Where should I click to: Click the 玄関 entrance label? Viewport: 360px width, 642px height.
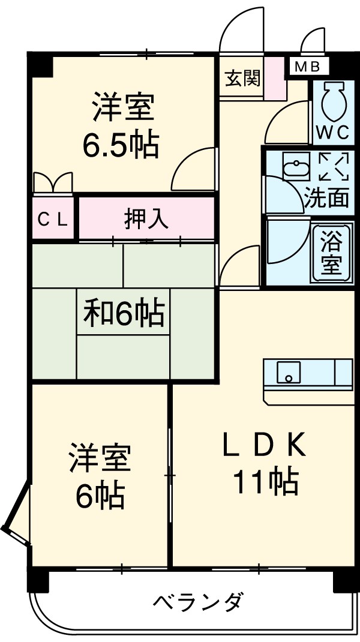242,78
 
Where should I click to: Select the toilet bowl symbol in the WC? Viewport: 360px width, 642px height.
333,101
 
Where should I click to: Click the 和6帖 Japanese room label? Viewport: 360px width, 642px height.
124,313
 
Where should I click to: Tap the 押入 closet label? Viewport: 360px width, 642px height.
146,219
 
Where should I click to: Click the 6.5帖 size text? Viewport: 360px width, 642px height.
121,146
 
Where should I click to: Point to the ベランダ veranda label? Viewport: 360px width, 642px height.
198,601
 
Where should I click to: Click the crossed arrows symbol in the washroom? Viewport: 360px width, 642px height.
333,166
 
